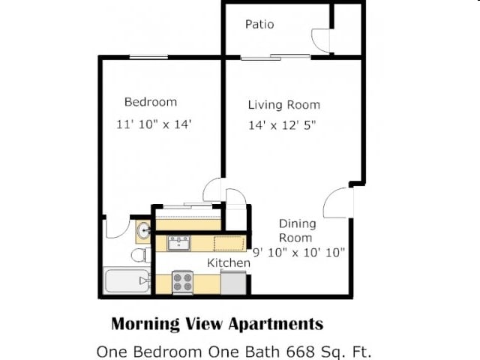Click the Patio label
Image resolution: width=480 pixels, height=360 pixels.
pyautogui.click(x=259, y=24)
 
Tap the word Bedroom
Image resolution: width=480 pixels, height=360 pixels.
pyautogui.click(x=151, y=102)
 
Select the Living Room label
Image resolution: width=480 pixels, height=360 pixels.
pyautogui.click(x=284, y=105)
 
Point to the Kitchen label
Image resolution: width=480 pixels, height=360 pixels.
pyautogui.click(x=228, y=262)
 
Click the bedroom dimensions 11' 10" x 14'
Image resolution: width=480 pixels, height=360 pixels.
pyautogui.click(x=154, y=124)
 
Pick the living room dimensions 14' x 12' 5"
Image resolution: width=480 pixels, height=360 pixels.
pyautogui.click(x=282, y=125)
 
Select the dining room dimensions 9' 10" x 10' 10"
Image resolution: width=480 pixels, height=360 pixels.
pyautogui.click(x=298, y=253)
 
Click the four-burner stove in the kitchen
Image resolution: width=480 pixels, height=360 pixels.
pyautogui.click(x=182, y=282)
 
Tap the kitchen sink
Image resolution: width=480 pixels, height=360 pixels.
pyautogui.click(x=178, y=243)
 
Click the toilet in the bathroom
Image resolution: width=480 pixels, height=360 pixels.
pyautogui.click(x=141, y=255)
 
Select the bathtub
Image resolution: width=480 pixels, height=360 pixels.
pyautogui.click(x=127, y=280)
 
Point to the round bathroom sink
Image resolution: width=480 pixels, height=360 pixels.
pyautogui.click(x=143, y=230)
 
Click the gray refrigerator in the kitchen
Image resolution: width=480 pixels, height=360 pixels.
pyautogui.click(x=233, y=283)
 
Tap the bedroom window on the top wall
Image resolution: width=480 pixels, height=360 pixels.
pyautogui.click(x=148, y=57)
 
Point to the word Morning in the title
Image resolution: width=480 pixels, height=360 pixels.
pyautogui.click(x=145, y=323)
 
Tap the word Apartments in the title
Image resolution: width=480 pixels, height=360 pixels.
pyautogui.click(x=276, y=324)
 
